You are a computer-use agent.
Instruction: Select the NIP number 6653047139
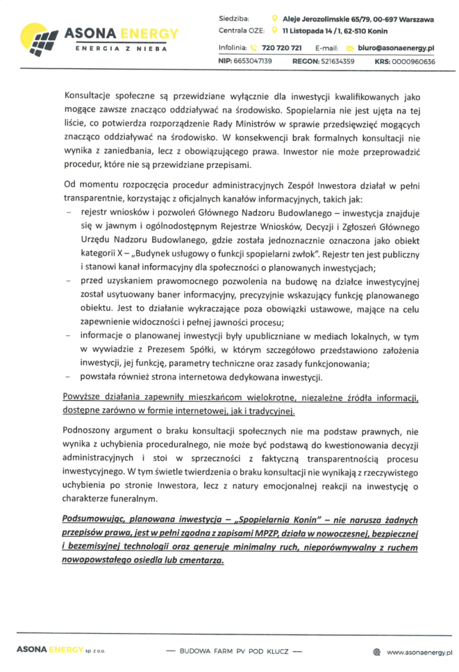coord(253,61)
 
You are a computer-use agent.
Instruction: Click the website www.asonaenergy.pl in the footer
coord(420,650)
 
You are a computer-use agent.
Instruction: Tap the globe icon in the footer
coord(377,650)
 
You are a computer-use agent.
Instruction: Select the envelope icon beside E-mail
coord(350,47)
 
